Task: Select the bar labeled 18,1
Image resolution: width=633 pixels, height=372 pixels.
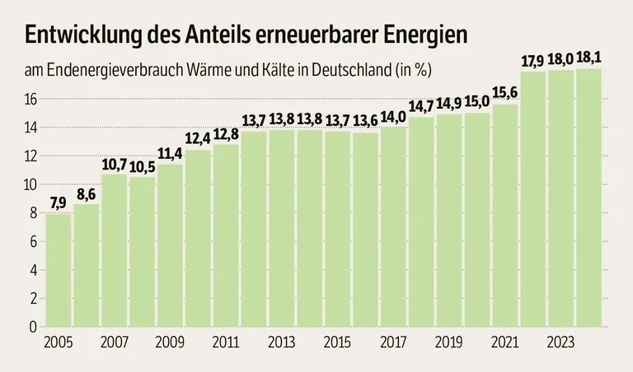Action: click(589, 198)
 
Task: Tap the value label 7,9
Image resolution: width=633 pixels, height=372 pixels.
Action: click(58, 202)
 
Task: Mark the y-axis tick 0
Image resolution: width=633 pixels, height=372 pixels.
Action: click(32, 327)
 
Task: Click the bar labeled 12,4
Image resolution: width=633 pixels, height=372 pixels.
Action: click(197, 239)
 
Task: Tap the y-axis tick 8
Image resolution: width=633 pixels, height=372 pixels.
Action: click(32, 213)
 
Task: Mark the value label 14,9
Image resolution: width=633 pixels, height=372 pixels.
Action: click(448, 104)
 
